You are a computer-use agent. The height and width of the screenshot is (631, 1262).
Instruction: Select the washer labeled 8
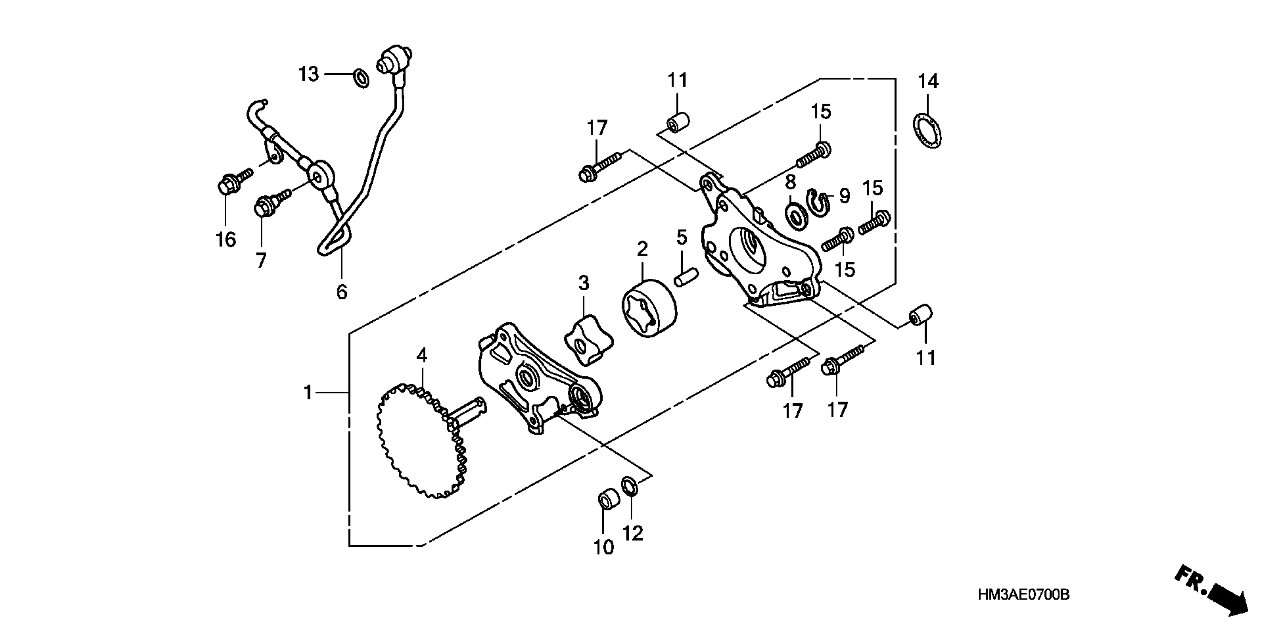(x=795, y=217)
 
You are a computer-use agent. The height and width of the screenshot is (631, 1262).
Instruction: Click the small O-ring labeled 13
(x=362, y=78)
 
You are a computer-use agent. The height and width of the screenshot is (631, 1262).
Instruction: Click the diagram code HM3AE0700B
(x=1024, y=595)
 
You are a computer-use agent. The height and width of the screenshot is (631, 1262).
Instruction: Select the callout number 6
(x=342, y=292)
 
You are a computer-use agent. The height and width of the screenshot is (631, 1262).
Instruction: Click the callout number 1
(x=308, y=392)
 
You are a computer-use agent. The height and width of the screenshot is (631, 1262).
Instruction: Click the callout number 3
(x=583, y=283)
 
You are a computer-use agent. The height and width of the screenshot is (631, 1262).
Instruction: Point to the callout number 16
(x=226, y=240)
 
